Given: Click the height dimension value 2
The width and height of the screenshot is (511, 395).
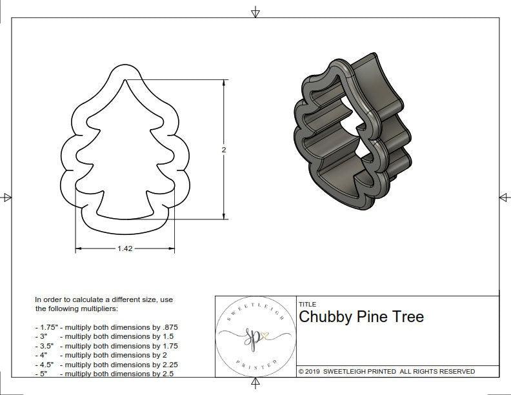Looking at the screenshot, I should [224, 150].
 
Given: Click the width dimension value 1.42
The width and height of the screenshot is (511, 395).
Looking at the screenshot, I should [125, 248].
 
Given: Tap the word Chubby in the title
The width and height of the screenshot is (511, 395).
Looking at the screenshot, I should [325, 317].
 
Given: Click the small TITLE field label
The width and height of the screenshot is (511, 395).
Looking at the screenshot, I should [307, 304].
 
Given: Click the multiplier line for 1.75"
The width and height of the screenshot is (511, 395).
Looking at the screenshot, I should [106, 327].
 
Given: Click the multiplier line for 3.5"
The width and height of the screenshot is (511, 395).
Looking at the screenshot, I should [106, 346].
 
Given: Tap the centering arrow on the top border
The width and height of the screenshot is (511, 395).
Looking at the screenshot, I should [255, 12].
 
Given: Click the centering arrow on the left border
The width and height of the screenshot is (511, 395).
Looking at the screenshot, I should [6, 197].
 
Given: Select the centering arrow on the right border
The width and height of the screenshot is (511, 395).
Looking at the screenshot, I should [504, 197].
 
